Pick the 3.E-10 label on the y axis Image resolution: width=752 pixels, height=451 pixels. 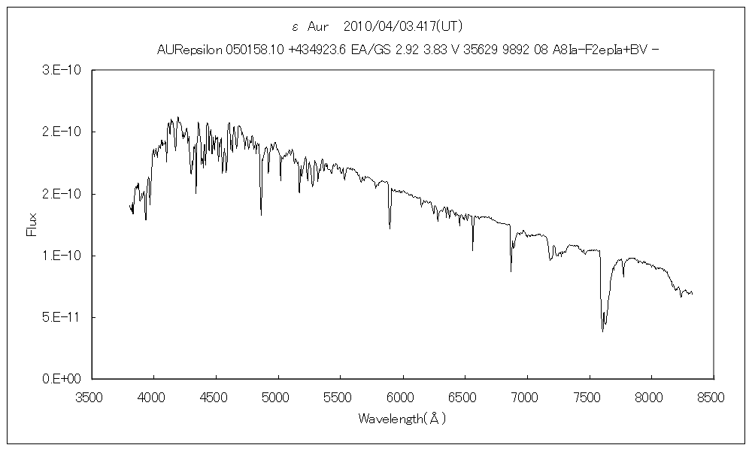click(66, 71)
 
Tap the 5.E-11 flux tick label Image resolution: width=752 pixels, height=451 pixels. click(66, 317)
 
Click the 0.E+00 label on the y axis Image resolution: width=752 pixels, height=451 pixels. click(66, 379)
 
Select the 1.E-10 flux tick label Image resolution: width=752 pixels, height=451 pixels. click(66, 256)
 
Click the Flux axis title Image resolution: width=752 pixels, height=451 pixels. click(32, 225)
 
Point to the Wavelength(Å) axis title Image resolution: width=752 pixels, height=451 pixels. click(402, 418)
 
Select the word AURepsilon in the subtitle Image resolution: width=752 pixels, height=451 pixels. click(190, 50)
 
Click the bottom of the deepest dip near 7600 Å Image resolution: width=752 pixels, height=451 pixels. click(602, 331)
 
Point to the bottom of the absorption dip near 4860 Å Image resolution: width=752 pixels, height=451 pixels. click(261, 215)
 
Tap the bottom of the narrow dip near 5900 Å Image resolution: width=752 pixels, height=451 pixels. click(390, 227)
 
